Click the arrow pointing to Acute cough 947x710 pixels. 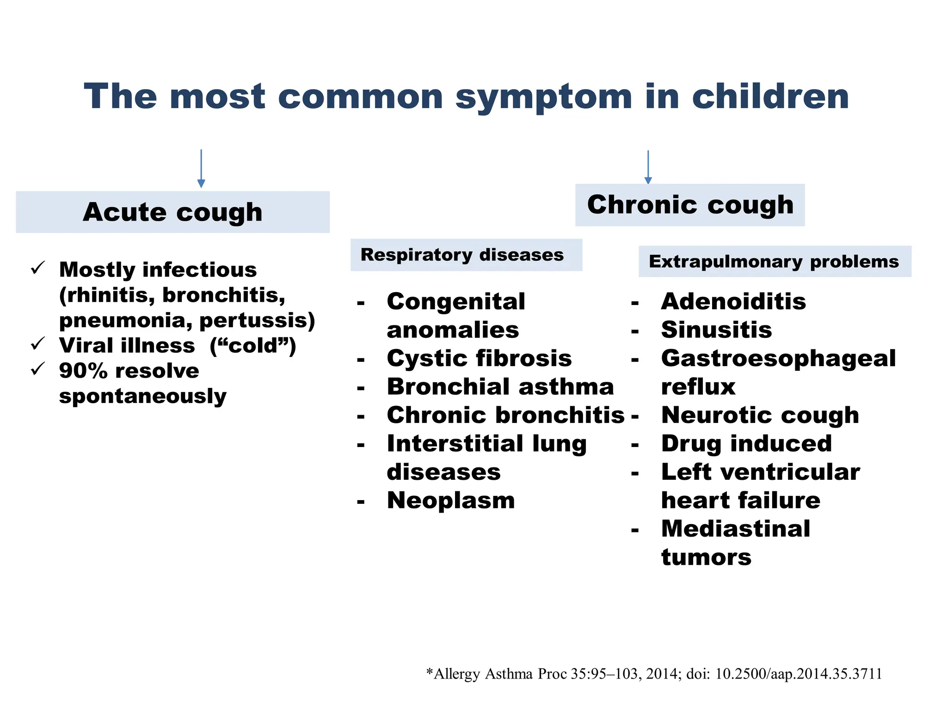coord(201,169)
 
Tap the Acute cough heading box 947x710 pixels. coord(172,212)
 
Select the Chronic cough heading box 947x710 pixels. coord(689,205)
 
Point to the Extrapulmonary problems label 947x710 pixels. coord(775,262)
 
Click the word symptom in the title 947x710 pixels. coord(543,97)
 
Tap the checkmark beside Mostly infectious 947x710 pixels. coord(37,268)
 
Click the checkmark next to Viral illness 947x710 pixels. coord(37,343)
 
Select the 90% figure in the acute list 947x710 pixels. coord(83,371)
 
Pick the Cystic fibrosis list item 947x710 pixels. coord(479,358)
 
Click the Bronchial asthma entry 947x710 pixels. coord(500,386)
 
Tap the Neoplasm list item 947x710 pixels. coord(450,500)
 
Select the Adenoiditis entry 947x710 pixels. coord(733,301)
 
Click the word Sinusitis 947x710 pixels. coord(716,330)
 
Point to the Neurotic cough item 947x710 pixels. coord(760,415)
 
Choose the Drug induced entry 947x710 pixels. coord(746,443)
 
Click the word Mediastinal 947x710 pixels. coord(735,528)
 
